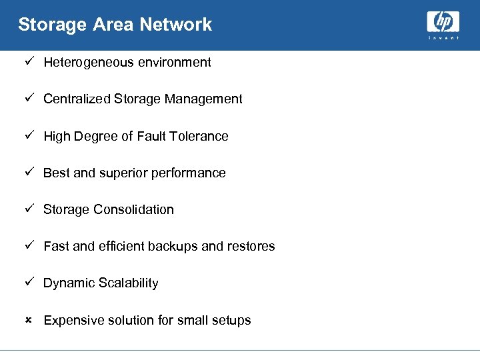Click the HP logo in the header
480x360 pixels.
[443, 25]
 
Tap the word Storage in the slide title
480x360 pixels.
[43, 25]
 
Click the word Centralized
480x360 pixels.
[77, 99]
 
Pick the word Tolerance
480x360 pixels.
[199, 137]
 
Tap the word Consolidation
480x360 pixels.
[133, 210]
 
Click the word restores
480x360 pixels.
[251, 247]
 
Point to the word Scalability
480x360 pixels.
[129, 283]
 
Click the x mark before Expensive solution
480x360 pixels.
[28, 321]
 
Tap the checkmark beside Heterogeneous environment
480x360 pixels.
[28, 62]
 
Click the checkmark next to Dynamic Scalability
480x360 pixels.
[28, 283]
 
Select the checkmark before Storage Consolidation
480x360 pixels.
[28, 209]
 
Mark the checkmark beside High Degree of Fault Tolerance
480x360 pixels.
[28, 136]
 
